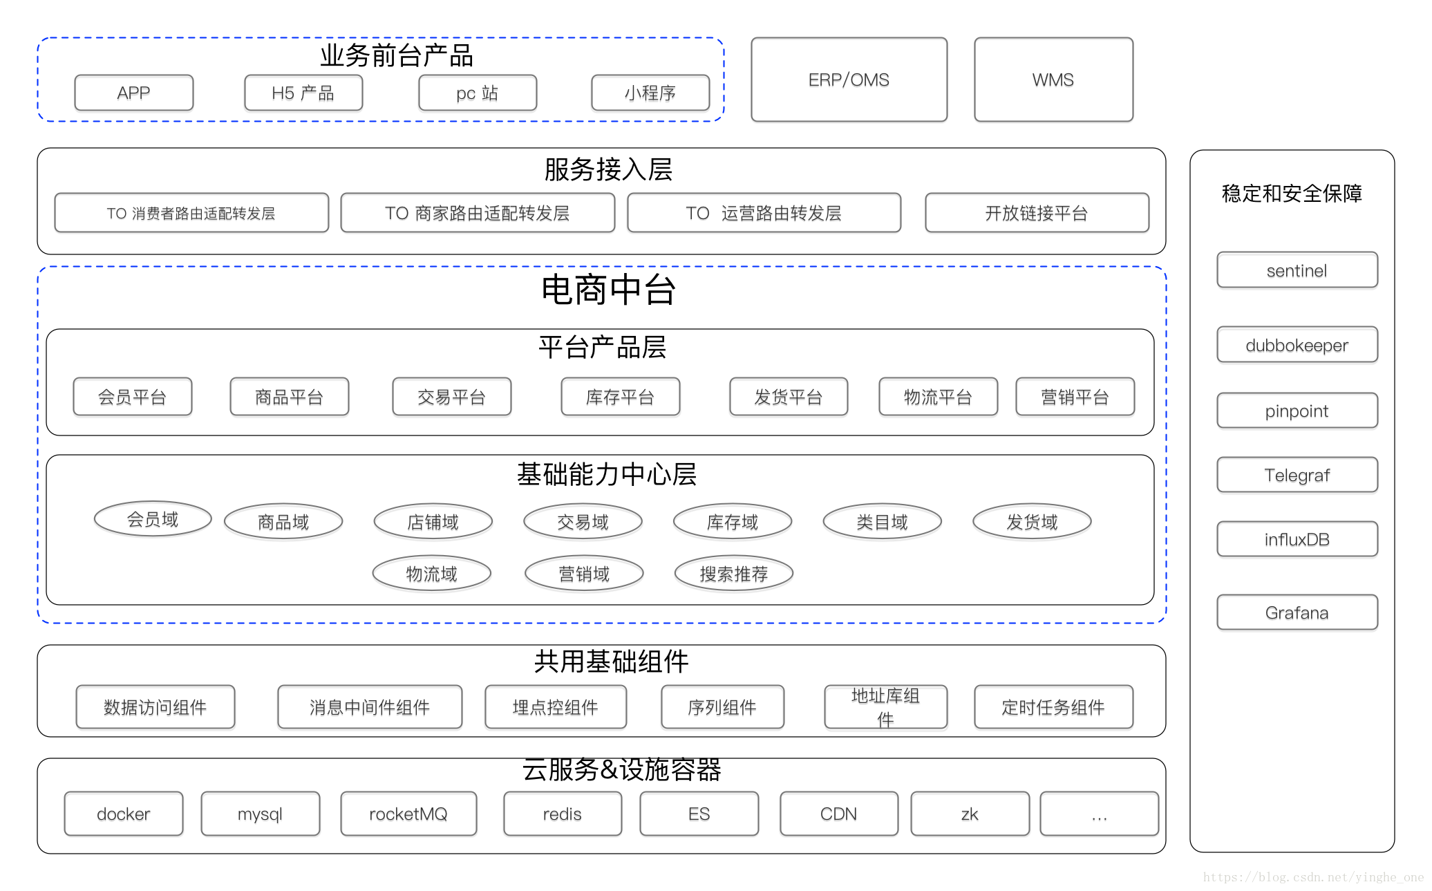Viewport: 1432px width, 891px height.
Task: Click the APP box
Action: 133,93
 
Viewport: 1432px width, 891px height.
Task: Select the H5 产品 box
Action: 303,93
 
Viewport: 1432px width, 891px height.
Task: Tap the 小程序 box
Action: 650,93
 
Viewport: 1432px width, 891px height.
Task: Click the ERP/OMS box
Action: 849,79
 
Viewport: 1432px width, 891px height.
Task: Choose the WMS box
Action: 1053,79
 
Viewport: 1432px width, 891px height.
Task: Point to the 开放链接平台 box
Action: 1036,213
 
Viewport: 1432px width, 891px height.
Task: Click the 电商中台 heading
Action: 607,289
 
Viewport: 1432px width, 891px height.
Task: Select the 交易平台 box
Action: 451,397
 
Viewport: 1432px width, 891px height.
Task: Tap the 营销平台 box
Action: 1075,397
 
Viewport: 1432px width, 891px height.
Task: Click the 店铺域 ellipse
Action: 433,522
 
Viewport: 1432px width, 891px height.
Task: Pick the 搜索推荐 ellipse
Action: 733,574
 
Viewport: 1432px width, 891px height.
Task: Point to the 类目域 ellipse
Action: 882,522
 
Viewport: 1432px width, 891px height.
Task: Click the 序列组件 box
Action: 722,707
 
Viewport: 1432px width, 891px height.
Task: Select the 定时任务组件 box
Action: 1053,707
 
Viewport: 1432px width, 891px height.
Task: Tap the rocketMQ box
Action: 408,814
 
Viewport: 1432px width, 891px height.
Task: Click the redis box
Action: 562,814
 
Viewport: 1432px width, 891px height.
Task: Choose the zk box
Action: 969,814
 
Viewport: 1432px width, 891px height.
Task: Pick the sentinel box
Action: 1297,270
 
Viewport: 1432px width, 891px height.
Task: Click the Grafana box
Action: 1297,612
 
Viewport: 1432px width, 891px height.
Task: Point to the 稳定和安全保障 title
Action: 1292,193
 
